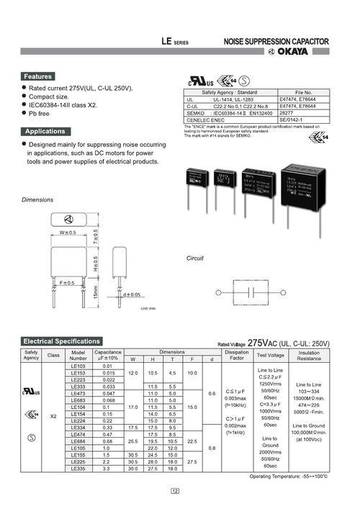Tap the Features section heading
38,76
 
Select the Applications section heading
45,132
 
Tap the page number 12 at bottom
176,492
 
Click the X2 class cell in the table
53,417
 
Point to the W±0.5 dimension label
68,233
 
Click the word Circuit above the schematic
195,257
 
